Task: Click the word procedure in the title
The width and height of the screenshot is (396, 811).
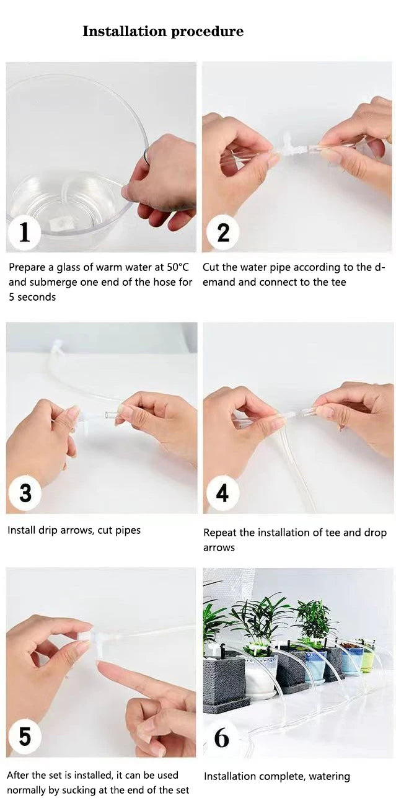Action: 207,32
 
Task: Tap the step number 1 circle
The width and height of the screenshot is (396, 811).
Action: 24,232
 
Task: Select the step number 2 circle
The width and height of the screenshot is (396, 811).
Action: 223,233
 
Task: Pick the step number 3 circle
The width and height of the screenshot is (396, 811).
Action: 25,492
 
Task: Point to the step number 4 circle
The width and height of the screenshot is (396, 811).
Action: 222,492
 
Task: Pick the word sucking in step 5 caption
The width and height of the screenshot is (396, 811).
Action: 79,790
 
